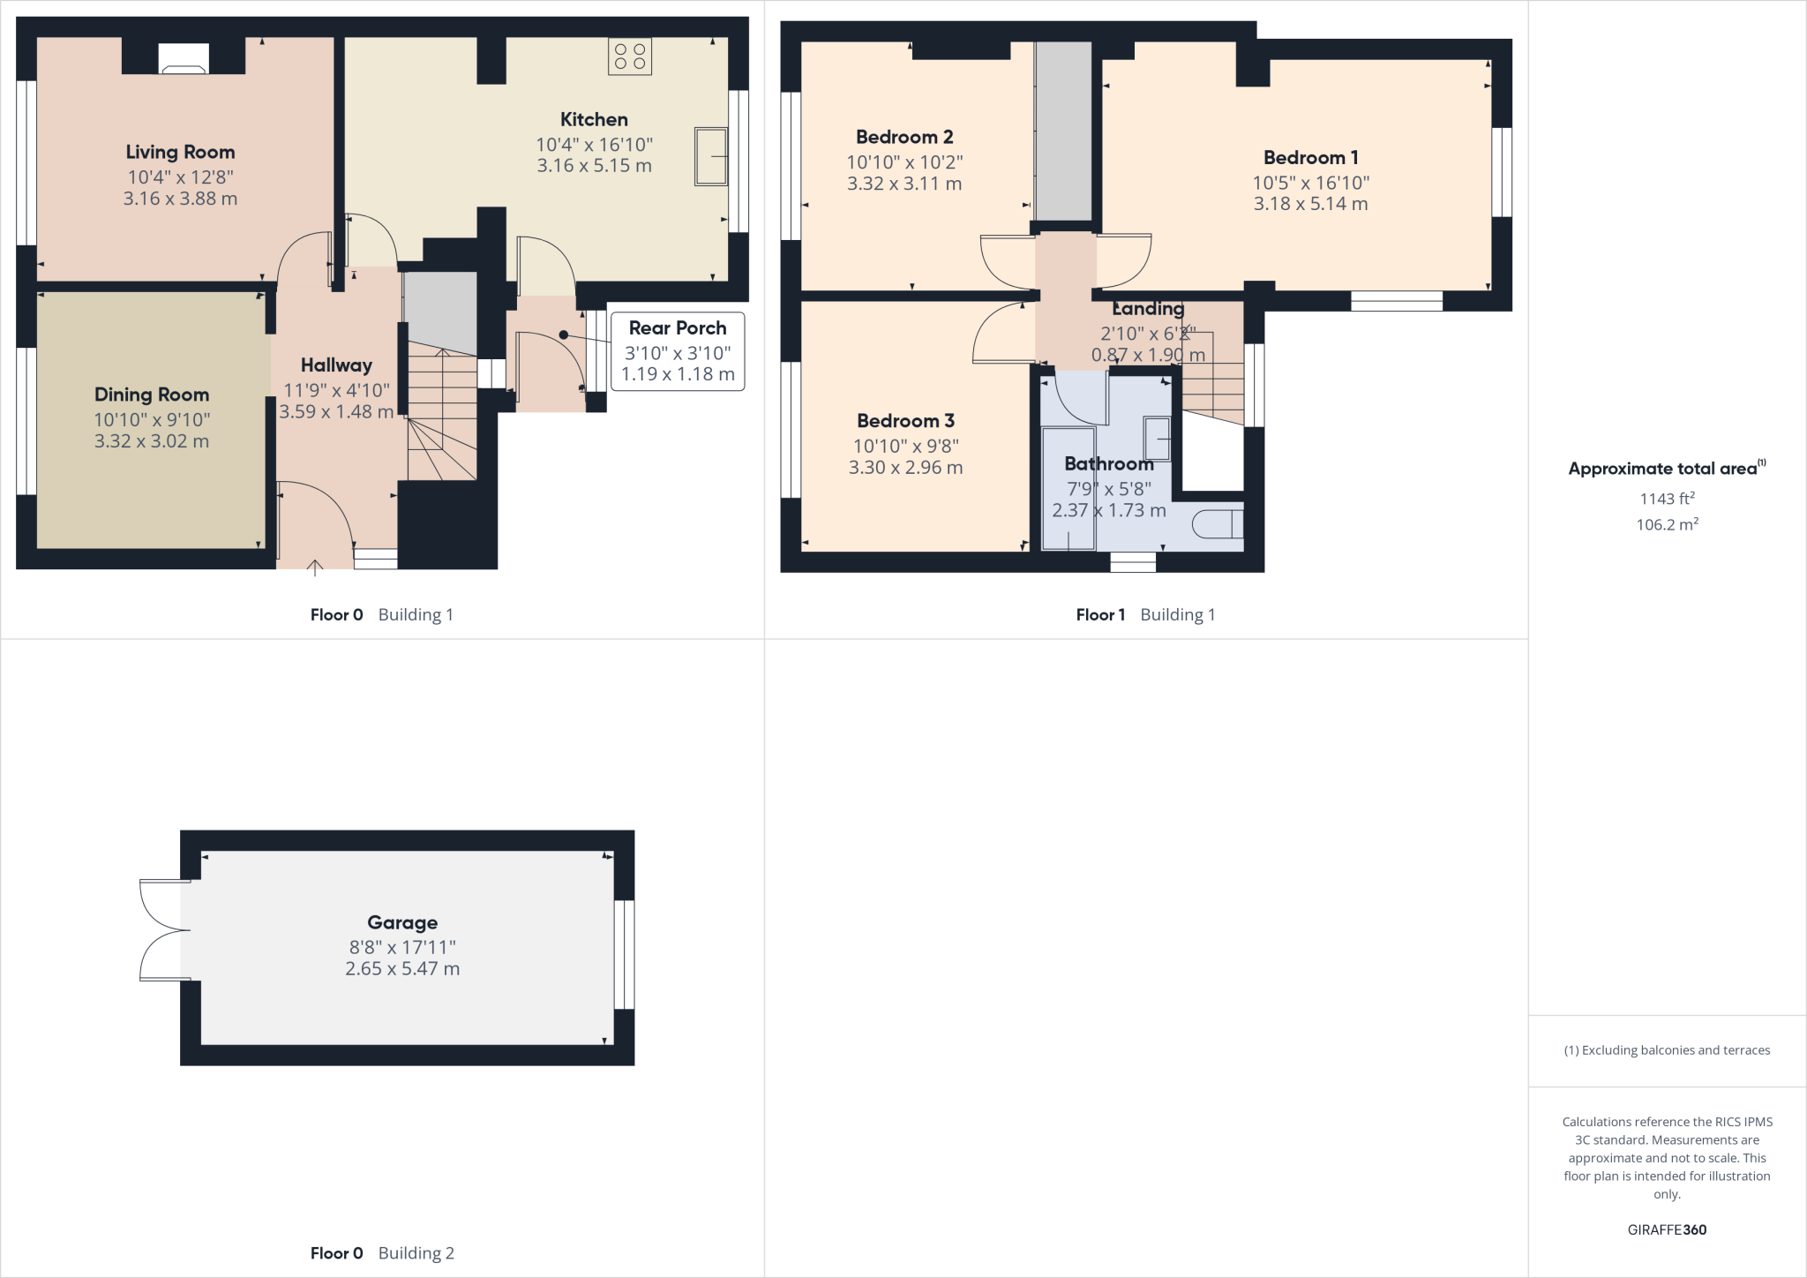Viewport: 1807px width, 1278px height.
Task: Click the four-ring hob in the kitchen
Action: [629, 56]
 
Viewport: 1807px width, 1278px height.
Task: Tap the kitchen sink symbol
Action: [710, 157]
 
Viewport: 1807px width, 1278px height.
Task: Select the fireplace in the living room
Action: [184, 59]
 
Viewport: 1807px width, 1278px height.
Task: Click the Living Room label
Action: [180, 152]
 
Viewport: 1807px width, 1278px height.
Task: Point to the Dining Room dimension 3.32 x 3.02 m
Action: [152, 441]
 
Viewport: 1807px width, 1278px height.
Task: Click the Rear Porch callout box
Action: [677, 351]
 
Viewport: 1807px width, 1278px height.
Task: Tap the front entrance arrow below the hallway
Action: [315, 568]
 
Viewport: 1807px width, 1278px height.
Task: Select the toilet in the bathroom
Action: [1218, 524]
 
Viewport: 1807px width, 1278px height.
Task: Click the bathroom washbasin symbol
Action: [1157, 439]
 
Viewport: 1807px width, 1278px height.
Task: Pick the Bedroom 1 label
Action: [1310, 158]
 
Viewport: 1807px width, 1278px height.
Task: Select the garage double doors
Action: [163, 930]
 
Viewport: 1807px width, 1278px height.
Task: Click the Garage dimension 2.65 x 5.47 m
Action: [402, 969]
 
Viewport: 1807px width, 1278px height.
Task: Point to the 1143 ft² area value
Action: [1667, 499]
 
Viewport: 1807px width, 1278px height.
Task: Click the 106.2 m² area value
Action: [1667, 524]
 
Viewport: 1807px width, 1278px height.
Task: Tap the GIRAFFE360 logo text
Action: [1667, 1229]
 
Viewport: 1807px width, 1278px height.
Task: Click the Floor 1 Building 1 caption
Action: [1145, 615]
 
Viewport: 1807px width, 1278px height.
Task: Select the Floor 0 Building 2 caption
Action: [382, 1253]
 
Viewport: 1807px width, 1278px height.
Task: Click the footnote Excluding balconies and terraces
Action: [1667, 1050]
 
